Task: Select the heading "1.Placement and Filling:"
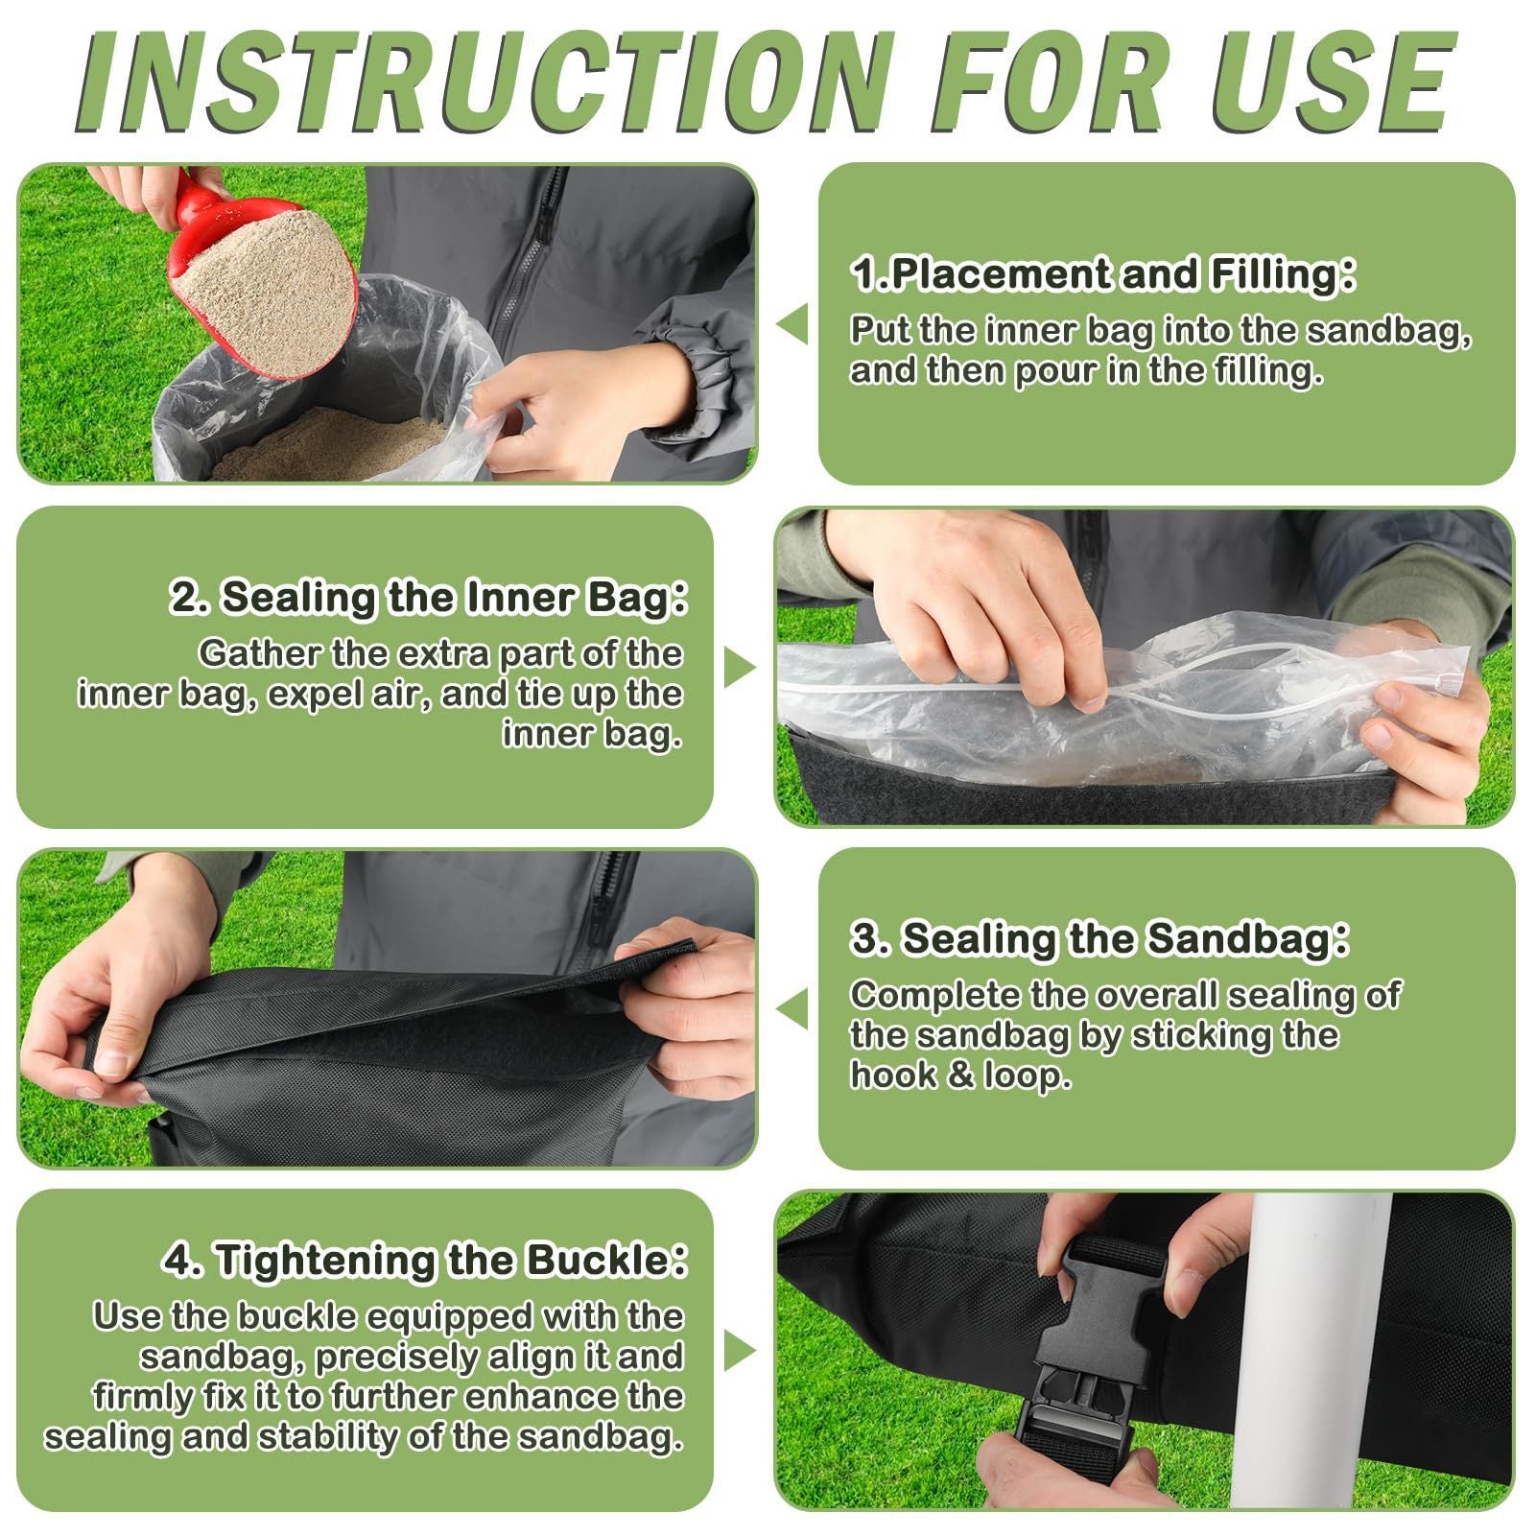coord(1103,275)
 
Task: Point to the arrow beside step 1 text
coord(792,324)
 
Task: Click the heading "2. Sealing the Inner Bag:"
coord(429,598)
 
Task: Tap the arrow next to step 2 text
coord(740,668)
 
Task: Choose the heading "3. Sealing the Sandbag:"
coord(1099,939)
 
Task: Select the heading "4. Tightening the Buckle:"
coord(425,1261)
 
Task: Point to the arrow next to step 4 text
coord(740,1352)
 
